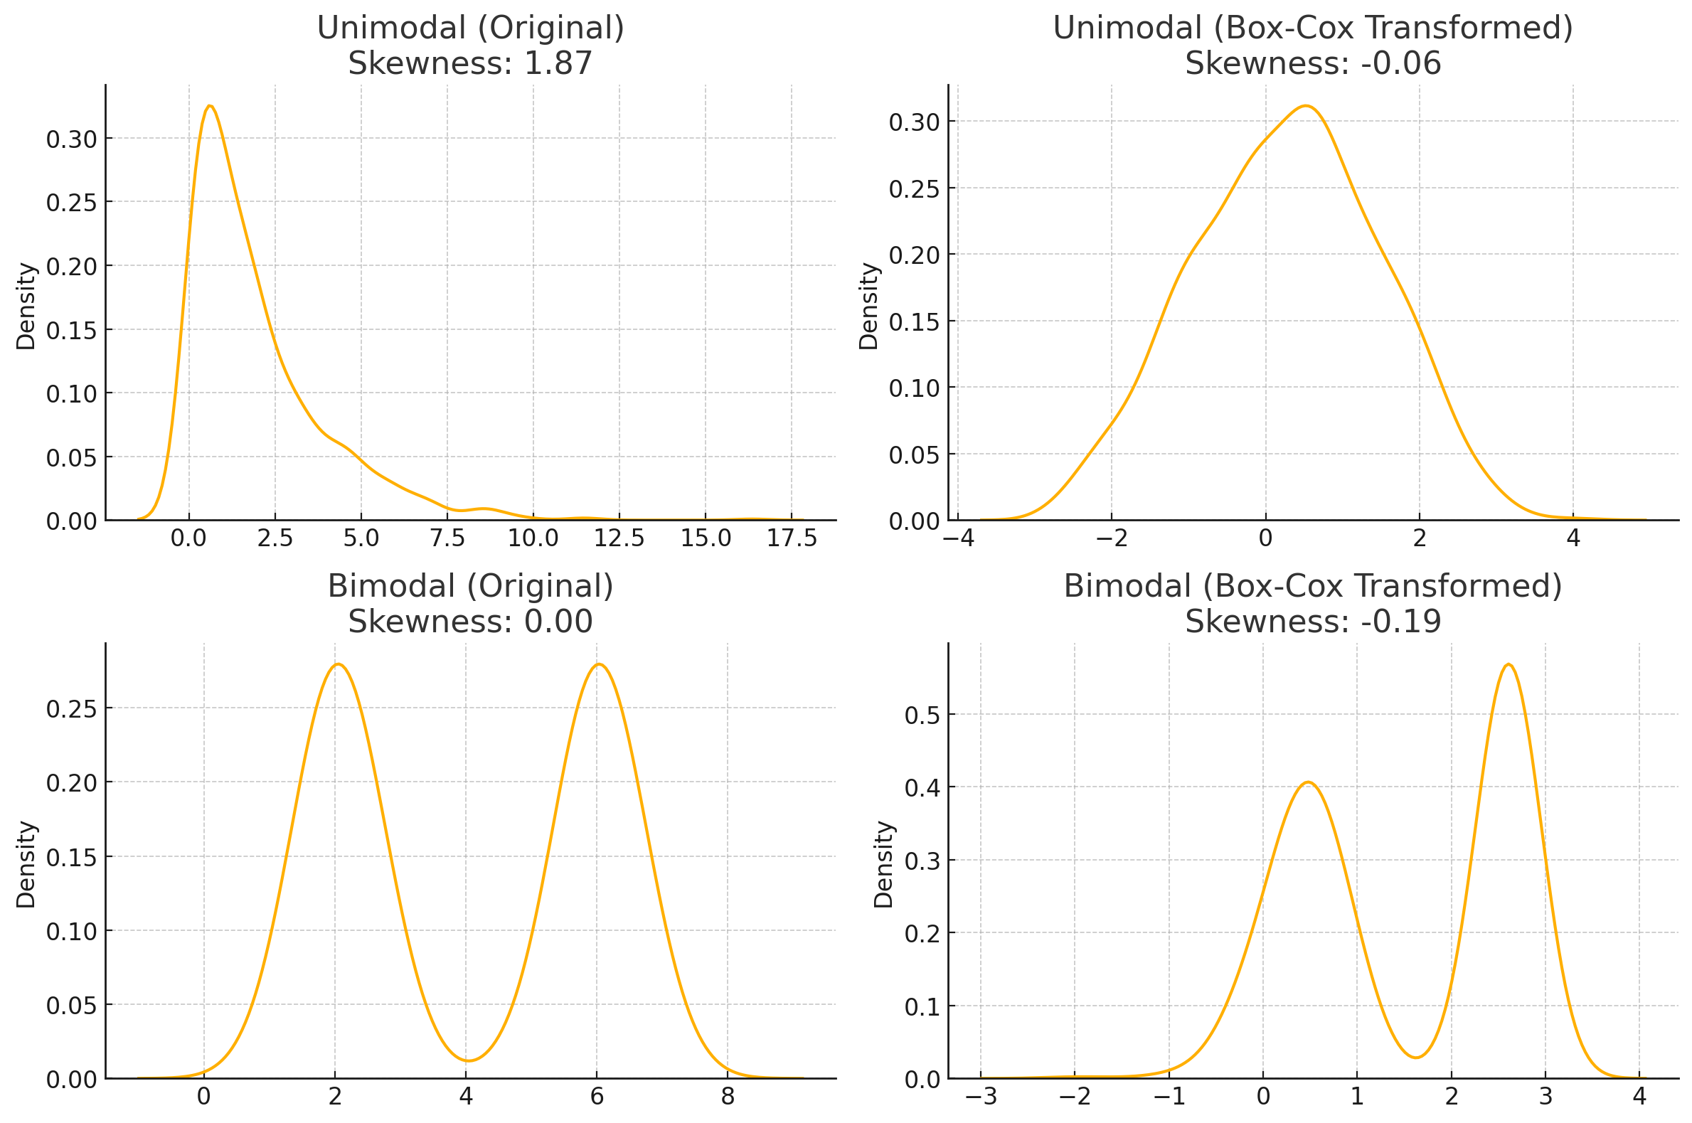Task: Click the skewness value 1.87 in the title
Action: [558, 64]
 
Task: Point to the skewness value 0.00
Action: [558, 622]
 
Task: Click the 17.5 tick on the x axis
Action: [791, 538]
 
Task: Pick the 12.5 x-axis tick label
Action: [619, 538]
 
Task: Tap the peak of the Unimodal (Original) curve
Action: [210, 106]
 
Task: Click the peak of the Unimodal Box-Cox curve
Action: [1306, 106]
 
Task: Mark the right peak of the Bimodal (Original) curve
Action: [599, 664]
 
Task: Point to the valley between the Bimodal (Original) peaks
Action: [467, 1060]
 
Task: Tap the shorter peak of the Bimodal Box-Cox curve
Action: [1308, 782]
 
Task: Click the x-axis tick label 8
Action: [728, 1097]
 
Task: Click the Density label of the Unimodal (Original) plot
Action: [26, 306]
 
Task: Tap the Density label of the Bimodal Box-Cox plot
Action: [883, 864]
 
